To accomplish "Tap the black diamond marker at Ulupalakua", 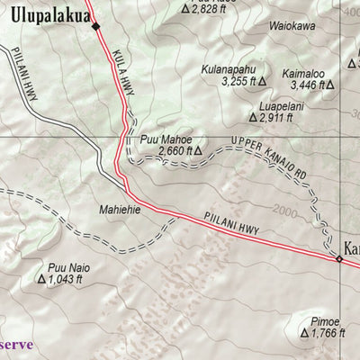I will pos(95,26).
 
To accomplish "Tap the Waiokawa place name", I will pos(291,27).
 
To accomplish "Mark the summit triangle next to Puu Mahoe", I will pos(197,139).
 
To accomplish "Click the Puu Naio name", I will pos(68,266).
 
